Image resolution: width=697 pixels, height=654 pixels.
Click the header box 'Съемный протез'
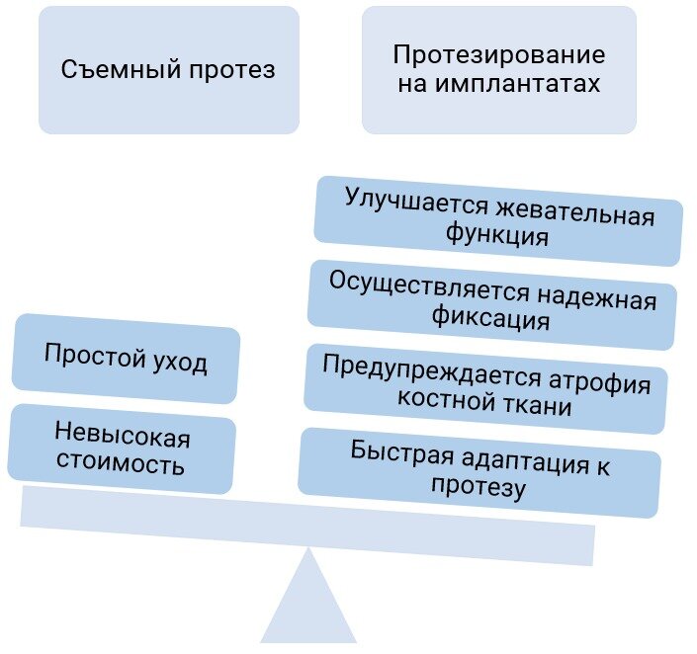tap(168, 70)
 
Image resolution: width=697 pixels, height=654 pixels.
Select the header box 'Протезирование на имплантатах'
tap(498, 70)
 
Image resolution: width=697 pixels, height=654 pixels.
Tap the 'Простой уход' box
tap(126, 360)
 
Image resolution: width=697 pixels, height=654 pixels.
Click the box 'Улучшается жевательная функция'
tap(498, 221)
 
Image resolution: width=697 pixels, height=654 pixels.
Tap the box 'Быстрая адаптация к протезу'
tap(479, 471)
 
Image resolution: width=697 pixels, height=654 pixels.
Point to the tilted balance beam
tap(307, 524)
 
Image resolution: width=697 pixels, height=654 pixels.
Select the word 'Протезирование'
tap(498, 55)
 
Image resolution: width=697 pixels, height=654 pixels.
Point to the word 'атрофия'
tap(609, 381)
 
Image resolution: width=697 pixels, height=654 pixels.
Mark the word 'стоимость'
tap(121, 463)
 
